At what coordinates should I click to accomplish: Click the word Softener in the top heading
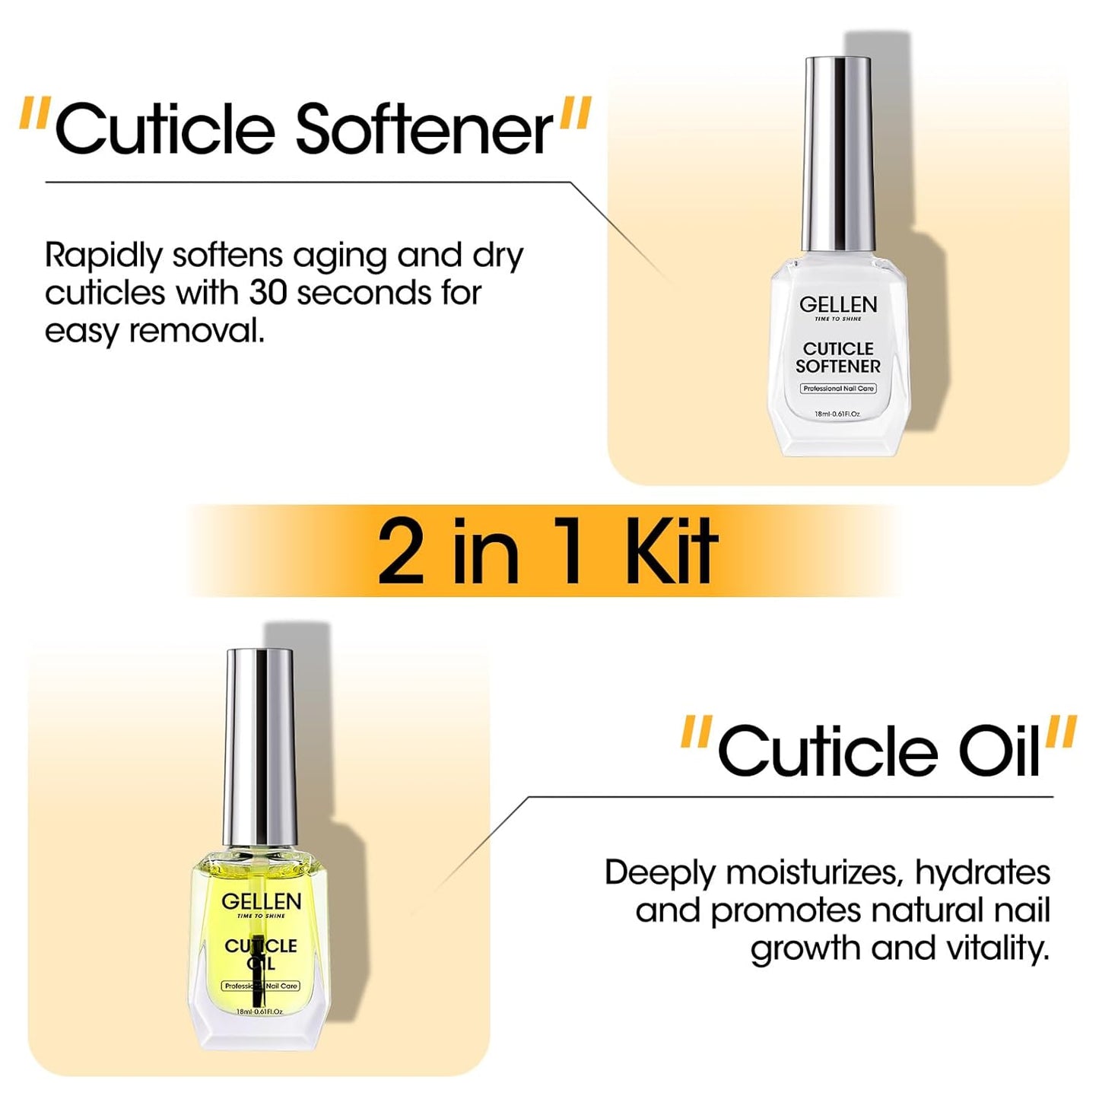pos(424,129)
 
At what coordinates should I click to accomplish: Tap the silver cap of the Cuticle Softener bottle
pos(837,145)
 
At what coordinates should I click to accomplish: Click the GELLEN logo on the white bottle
pos(837,304)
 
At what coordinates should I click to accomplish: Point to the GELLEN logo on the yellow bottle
pos(261,901)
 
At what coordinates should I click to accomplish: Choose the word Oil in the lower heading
pos(999,751)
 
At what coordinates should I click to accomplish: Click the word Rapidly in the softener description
pos(103,256)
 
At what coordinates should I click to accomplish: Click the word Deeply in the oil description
pos(659,873)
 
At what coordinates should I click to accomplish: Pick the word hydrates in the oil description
pos(982,873)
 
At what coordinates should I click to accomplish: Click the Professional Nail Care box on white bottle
pos(838,389)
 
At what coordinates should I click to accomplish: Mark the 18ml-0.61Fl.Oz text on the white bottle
pos(837,415)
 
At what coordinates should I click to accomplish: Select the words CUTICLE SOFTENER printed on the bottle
pos(837,357)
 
